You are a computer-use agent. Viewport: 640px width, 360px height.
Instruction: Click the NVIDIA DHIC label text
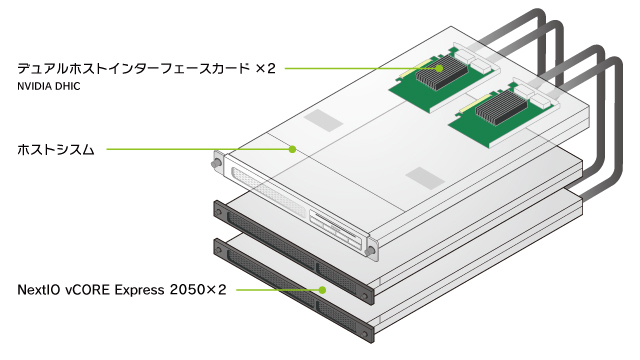coord(49,87)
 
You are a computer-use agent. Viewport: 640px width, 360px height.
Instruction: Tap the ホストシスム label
coord(56,150)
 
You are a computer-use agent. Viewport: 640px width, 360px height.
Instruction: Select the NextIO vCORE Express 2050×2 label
coord(122,290)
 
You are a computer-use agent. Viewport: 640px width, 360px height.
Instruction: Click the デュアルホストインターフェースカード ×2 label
coord(147,69)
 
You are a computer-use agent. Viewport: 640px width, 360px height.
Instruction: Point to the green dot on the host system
coord(292,149)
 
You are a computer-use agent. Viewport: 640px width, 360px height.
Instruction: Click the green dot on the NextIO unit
coord(322,290)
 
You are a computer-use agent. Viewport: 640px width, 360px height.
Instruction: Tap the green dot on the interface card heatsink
coord(439,69)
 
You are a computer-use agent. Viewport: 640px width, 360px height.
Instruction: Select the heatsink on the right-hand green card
coord(501,107)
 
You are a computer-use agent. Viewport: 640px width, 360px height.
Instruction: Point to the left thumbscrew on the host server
coord(215,163)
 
